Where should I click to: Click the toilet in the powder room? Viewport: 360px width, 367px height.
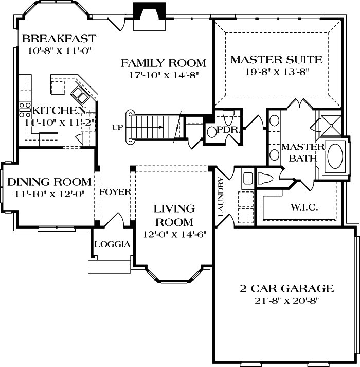[212, 132]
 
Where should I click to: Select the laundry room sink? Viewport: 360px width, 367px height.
[247, 179]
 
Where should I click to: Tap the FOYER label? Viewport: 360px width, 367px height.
[114, 192]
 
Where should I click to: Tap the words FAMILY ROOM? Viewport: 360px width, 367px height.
[163, 63]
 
